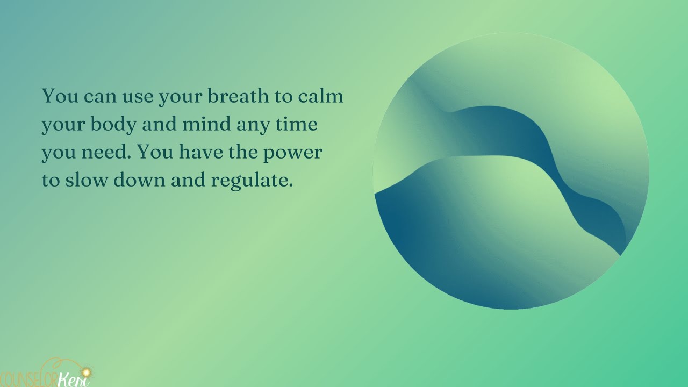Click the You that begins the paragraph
59,97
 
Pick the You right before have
156,153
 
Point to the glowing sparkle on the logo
84,371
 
